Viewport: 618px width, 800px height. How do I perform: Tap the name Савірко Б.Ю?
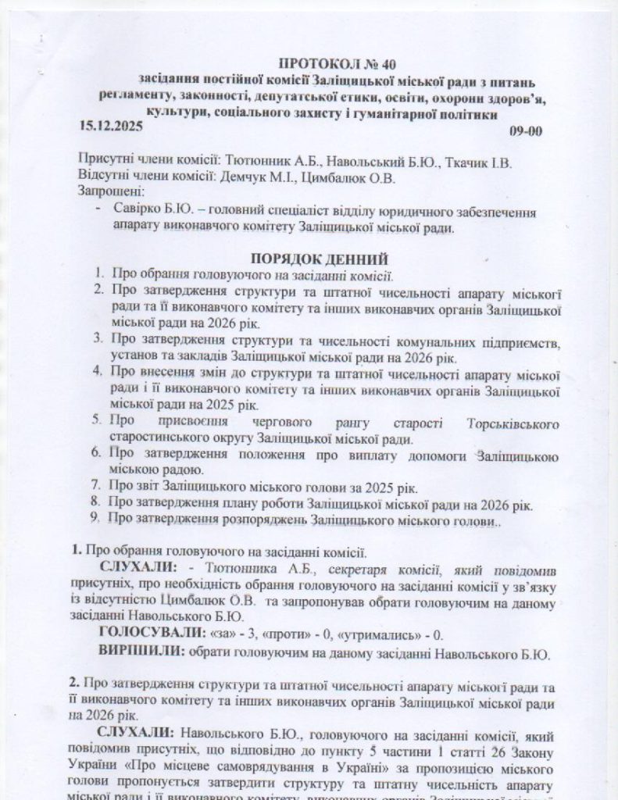point(146,212)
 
